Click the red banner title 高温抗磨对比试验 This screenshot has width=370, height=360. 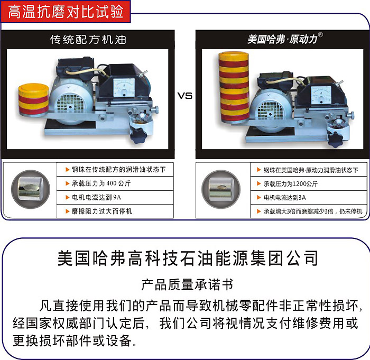click(x=66, y=12)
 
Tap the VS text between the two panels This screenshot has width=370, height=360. click(x=185, y=96)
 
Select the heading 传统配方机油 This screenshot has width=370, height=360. click(x=88, y=40)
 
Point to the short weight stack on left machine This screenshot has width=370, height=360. click(x=34, y=100)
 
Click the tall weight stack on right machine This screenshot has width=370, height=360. click(x=234, y=87)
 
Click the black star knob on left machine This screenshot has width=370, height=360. click(x=138, y=135)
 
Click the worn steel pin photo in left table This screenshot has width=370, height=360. click(x=31, y=189)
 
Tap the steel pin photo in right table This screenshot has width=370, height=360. click(x=221, y=189)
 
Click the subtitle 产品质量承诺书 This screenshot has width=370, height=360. click(x=187, y=285)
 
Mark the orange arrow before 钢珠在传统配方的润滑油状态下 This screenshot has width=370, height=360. click(x=67, y=170)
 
